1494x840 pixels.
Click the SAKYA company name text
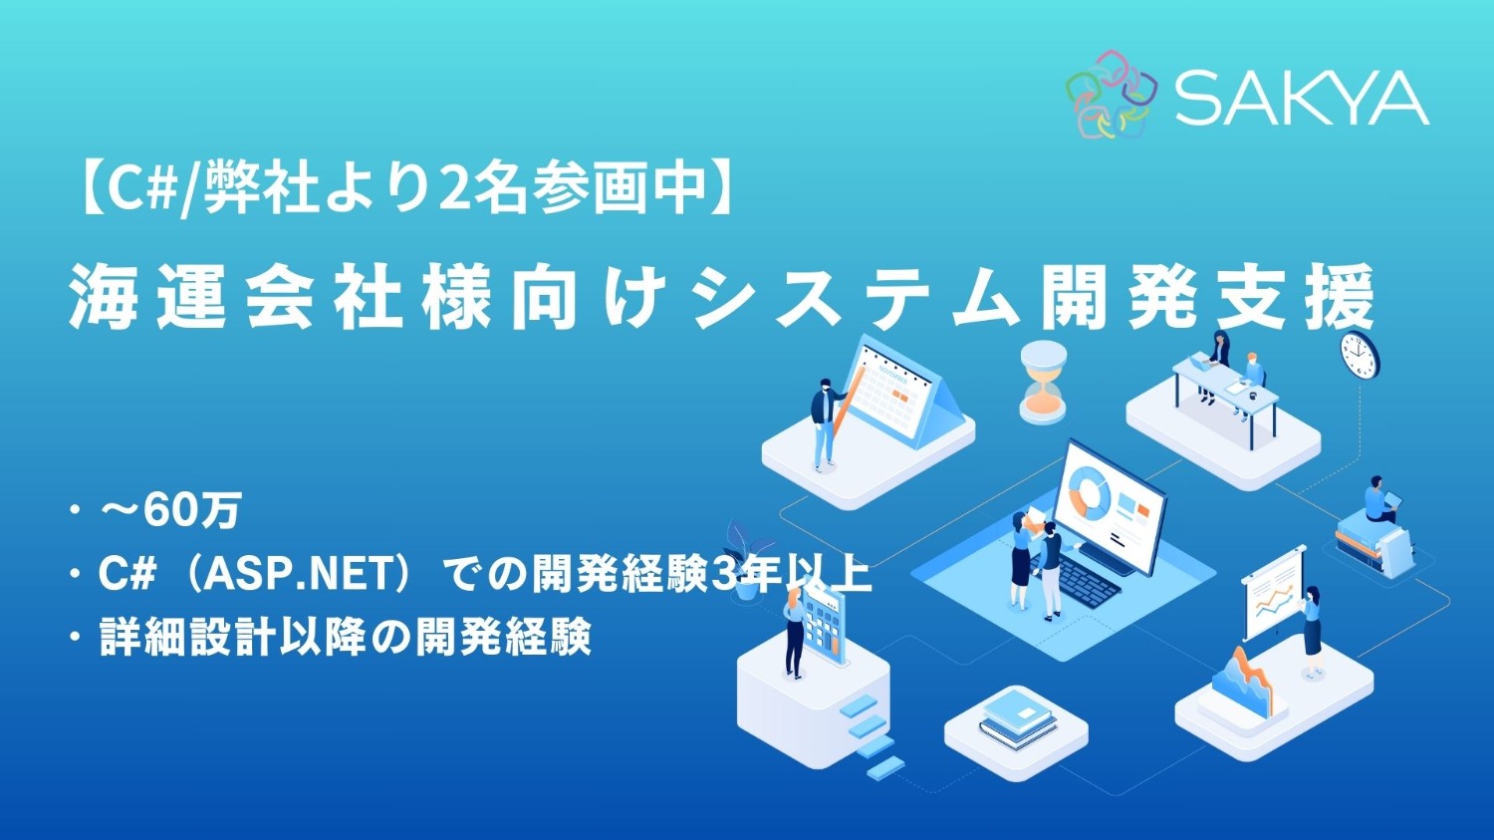(x=1302, y=99)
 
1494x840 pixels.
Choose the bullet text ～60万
(x=170, y=511)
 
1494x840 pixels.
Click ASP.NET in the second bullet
(x=296, y=574)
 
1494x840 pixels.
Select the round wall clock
(x=1360, y=355)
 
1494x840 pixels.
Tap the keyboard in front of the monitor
(x=1088, y=580)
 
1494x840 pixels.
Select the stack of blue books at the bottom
(x=1017, y=716)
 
